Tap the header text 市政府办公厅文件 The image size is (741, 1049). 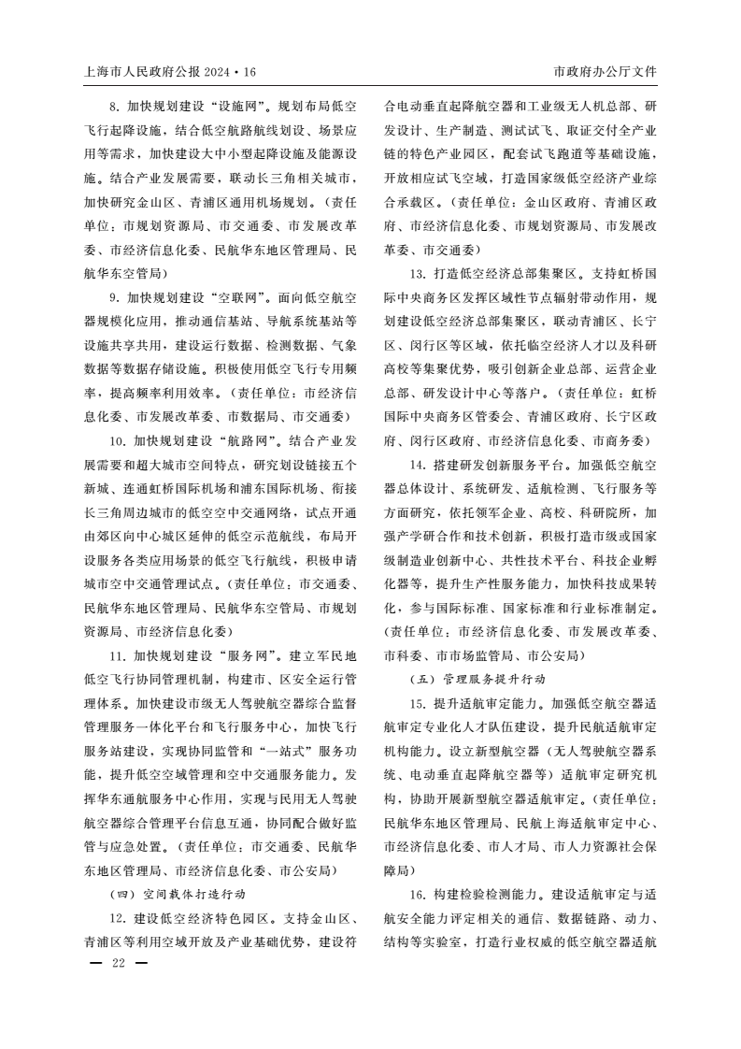(x=606, y=72)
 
